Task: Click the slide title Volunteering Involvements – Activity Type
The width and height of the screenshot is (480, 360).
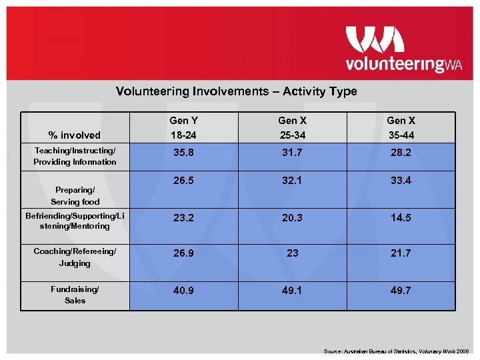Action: [x=237, y=91]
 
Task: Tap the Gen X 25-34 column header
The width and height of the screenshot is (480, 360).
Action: [x=292, y=127]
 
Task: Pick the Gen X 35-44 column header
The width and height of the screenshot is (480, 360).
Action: [x=401, y=127]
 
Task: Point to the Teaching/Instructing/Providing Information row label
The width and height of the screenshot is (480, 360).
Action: [x=75, y=157]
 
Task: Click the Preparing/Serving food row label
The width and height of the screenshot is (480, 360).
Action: [x=75, y=195]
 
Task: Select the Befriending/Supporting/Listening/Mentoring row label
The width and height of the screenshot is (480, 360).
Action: [x=75, y=221]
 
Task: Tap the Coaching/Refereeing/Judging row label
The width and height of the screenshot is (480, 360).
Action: [x=75, y=257]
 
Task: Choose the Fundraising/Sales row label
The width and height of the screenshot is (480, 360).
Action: [x=75, y=295]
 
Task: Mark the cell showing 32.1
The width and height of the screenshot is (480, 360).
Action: [x=292, y=180]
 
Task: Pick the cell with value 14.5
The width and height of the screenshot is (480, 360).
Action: [x=401, y=217]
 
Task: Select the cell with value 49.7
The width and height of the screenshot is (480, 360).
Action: [x=401, y=290]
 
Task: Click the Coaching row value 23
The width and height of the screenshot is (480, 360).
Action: [x=292, y=253]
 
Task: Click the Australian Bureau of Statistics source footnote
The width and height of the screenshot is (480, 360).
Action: [x=397, y=351]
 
